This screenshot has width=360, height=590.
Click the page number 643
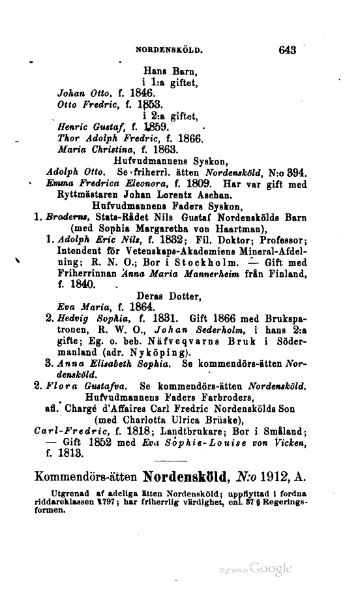pyautogui.click(x=286, y=48)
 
